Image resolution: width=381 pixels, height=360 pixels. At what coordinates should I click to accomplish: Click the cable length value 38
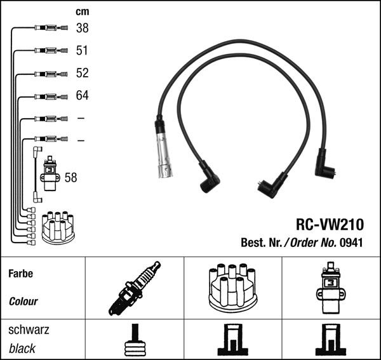point(82,28)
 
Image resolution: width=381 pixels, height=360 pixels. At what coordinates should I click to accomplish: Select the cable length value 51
point(82,51)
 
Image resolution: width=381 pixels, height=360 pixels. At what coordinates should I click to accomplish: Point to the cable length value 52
point(82,73)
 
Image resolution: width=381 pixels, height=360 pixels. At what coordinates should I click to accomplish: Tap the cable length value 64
point(82,96)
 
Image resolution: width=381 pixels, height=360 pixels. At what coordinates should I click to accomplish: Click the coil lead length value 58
point(70,178)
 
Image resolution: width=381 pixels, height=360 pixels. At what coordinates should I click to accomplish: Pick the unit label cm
point(82,11)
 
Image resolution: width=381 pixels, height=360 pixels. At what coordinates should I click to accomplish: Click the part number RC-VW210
point(330,224)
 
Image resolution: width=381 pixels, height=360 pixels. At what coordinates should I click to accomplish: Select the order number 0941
point(351,242)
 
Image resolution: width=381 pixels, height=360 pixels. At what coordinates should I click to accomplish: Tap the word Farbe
point(20,274)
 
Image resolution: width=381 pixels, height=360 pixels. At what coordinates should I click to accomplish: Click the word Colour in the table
point(23,302)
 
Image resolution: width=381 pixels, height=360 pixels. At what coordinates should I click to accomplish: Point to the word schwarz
point(29,330)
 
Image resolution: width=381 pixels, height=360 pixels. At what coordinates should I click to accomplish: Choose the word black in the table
point(22,349)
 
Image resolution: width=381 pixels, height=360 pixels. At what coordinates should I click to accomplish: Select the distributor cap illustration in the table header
point(232,287)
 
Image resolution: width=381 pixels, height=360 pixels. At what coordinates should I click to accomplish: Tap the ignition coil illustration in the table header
point(330,287)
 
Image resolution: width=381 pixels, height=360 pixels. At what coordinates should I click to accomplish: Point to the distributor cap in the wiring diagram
point(58,227)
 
